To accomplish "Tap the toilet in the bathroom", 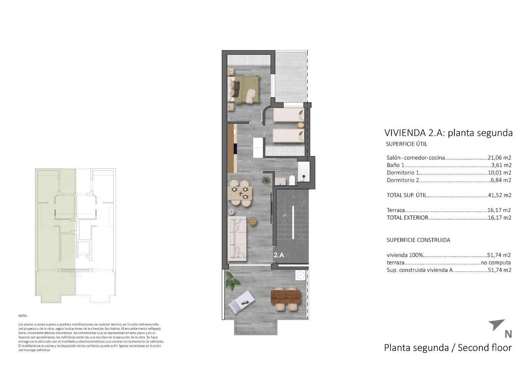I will pyautogui.click(x=291, y=181).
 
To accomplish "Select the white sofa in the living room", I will pyautogui.click(x=238, y=238).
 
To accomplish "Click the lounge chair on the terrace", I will pyautogui.click(x=242, y=300).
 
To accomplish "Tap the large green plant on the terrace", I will pyautogui.click(x=232, y=281).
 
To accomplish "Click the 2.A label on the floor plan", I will pyautogui.click(x=279, y=255).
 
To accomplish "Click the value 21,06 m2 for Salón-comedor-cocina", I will pyautogui.click(x=499, y=158).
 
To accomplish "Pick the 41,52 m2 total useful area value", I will pyautogui.click(x=499, y=195).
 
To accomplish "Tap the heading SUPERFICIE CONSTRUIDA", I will pyautogui.click(x=418, y=240).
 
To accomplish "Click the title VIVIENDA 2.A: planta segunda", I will pyautogui.click(x=448, y=133).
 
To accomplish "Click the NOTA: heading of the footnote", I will pyautogui.click(x=23, y=316).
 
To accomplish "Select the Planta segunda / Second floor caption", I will pyautogui.click(x=447, y=348).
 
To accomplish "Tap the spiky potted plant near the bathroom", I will pyautogui.click(x=265, y=181).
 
